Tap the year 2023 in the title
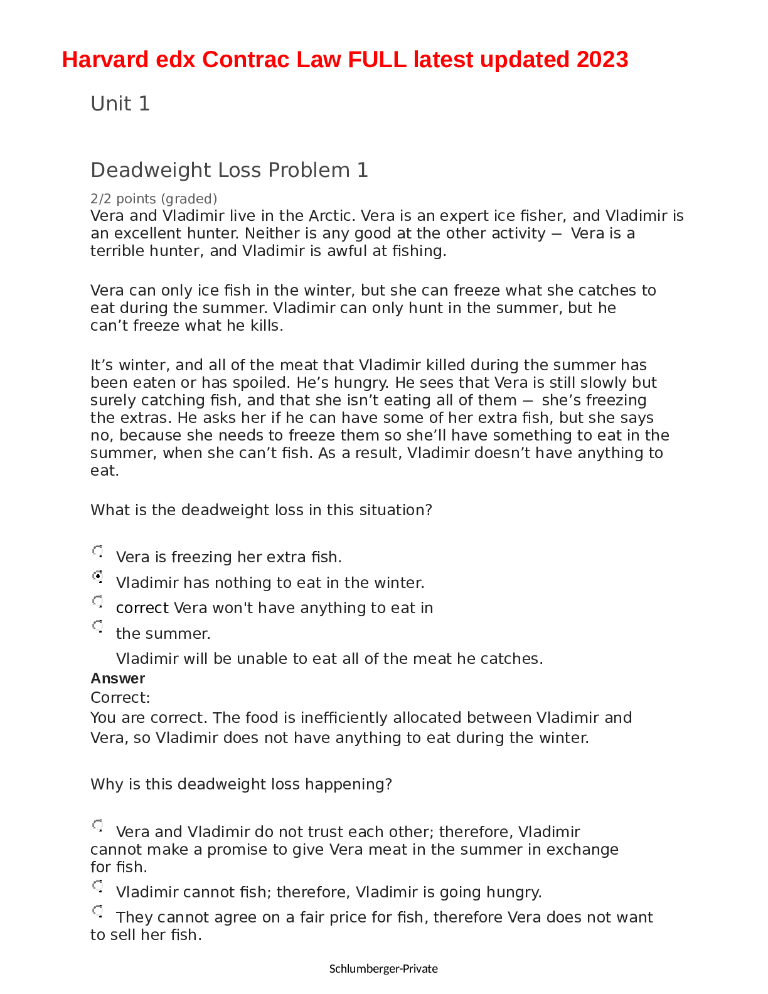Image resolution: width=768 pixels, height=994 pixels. pos(602,60)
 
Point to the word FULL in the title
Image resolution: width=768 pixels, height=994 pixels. pos(377,60)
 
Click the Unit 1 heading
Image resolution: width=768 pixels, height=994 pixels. pos(120,104)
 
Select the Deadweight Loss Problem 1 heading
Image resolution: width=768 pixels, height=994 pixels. pos(229,170)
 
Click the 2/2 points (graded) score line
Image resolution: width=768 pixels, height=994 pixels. pos(154,199)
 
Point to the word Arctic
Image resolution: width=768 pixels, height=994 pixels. pos(331,216)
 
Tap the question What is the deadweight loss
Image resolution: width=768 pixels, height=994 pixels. pos(261,510)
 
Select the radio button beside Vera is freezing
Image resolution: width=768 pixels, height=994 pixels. pos(99,551)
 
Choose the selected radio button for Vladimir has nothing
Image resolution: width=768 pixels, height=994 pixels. pos(99,576)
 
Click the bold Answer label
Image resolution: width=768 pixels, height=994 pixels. pos(117,678)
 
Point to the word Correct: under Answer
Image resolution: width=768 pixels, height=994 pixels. pos(120,698)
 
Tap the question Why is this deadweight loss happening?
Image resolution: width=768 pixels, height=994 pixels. pos(241,784)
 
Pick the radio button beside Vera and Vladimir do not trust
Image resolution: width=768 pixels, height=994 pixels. pos(99,825)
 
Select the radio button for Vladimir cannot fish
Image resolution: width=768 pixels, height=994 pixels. pos(99,885)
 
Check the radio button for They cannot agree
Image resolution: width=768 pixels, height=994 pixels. pos(99,911)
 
